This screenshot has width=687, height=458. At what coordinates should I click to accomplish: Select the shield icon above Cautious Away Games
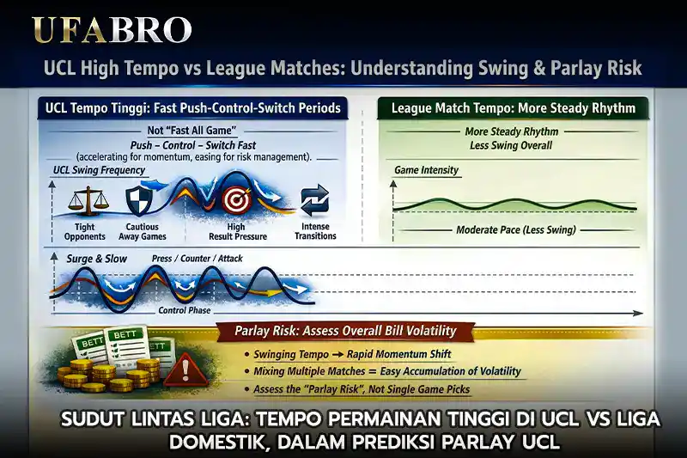(x=139, y=200)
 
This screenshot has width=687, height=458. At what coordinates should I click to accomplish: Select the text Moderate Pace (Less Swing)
(x=514, y=230)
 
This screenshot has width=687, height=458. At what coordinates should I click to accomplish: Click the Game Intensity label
(x=427, y=171)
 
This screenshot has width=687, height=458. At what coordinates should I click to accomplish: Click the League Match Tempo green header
(x=514, y=109)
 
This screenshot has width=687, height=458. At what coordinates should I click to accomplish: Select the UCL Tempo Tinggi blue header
(x=194, y=109)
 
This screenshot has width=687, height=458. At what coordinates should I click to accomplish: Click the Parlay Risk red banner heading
(x=345, y=331)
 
